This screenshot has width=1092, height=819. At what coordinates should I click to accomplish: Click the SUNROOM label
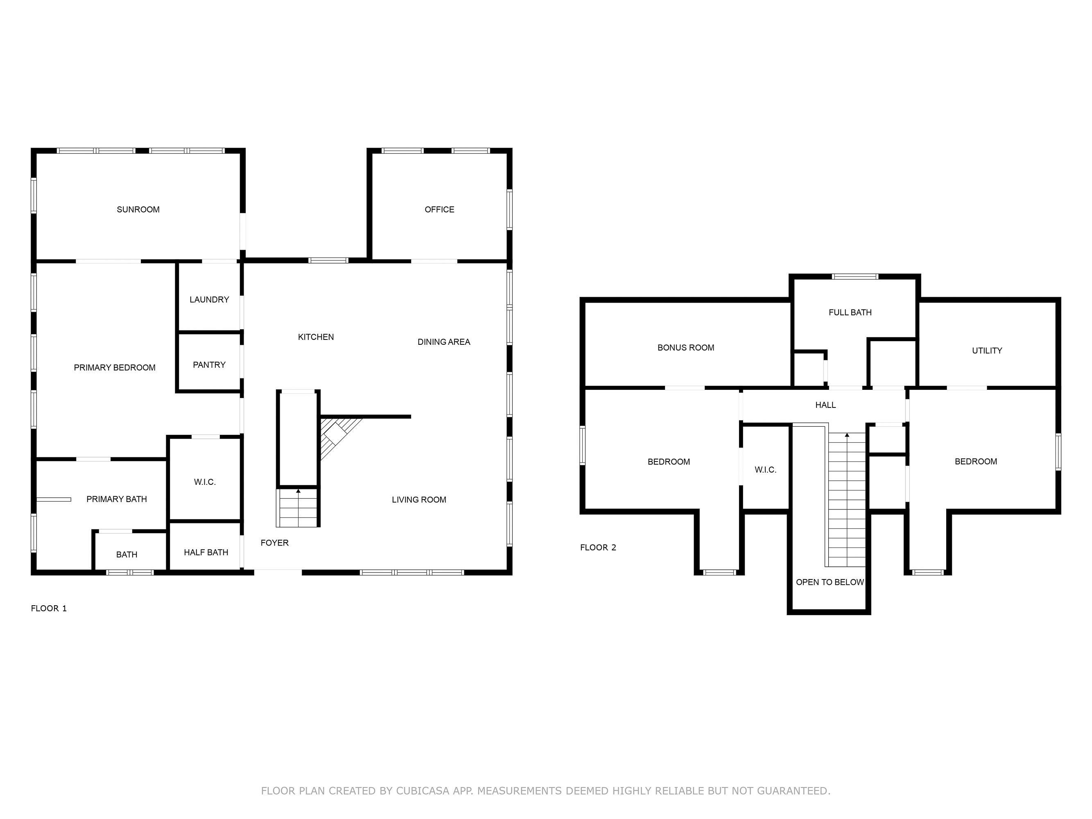click(x=138, y=209)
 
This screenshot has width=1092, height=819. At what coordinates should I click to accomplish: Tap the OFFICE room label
click(x=439, y=209)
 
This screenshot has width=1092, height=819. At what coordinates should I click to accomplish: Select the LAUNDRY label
click(x=209, y=300)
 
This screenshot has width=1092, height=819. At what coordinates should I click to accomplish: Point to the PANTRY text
click(x=209, y=365)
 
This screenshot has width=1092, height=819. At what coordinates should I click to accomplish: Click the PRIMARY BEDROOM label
click(x=115, y=367)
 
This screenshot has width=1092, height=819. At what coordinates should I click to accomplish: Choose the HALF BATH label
click(x=206, y=552)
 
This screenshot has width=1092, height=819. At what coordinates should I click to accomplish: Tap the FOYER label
click(x=274, y=543)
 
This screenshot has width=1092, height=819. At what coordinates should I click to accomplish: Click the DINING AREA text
click(x=444, y=342)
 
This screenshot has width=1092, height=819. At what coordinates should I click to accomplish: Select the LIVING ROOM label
click(x=419, y=500)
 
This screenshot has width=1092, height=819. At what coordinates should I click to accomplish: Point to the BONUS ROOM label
click(x=686, y=348)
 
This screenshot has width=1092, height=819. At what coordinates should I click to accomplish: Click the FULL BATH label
click(x=850, y=312)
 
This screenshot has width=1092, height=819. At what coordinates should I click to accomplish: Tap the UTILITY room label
click(x=987, y=351)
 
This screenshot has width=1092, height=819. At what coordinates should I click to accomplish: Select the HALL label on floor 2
click(x=825, y=405)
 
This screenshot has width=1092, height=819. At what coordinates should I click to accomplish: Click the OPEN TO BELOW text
click(x=830, y=582)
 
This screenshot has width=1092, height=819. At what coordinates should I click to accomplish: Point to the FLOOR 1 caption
click(x=49, y=608)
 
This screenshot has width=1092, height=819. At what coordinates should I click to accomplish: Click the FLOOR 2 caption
click(x=598, y=547)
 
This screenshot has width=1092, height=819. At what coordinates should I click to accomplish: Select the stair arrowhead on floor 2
click(x=847, y=435)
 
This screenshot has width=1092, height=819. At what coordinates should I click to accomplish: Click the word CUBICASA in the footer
click(x=423, y=791)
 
